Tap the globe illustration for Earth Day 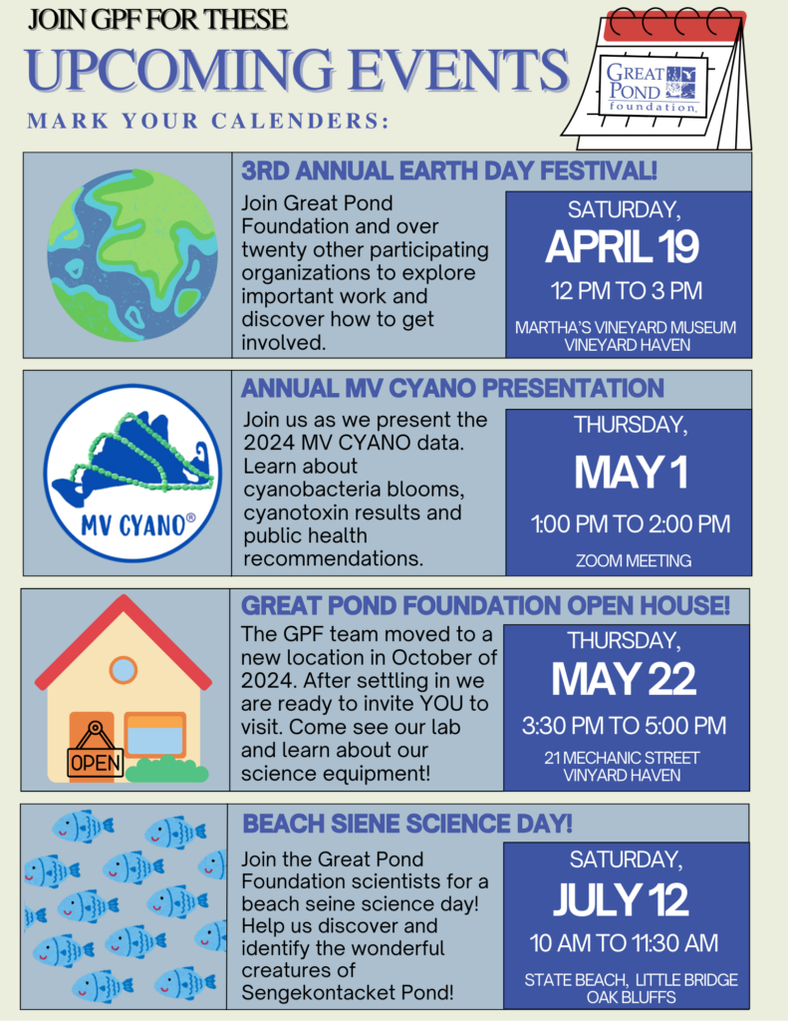pos(132,255)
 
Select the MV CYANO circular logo pos(132,474)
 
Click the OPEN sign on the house pos(95,756)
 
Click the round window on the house pos(123,670)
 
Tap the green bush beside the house pos(167,770)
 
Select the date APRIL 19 pos(622,247)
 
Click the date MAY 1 pos(631,472)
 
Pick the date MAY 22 pos(624,679)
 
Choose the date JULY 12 pos(621,900)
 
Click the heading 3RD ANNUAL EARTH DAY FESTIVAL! pos(449,170)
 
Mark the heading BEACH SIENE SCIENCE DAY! pos(407,824)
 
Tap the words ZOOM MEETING pos(634,560)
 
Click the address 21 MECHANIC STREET pos(622,758)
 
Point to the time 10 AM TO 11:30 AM pos(624,943)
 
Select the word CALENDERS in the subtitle pos(300,121)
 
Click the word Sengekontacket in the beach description pos(315,993)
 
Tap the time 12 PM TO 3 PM pos(627,290)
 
